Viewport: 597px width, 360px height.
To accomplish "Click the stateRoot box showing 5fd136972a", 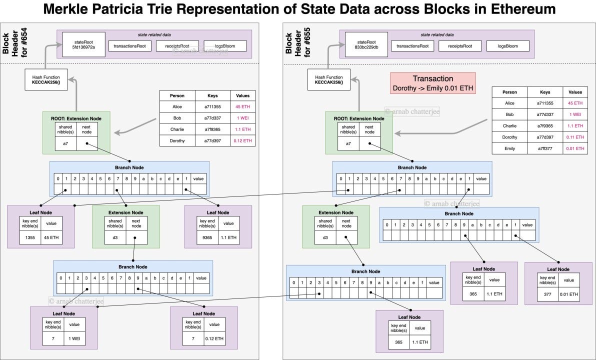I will (x=91, y=44).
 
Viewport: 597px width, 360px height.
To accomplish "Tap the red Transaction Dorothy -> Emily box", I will (x=433, y=83).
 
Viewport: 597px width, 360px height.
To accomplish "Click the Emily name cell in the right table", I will (x=509, y=148).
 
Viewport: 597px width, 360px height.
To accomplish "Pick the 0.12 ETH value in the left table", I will (x=243, y=141).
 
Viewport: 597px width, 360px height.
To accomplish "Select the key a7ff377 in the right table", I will (x=542, y=148).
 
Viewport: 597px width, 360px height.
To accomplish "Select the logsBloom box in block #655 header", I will (x=507, y=46).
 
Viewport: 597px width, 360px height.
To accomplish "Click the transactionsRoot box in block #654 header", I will (x=128, y=46).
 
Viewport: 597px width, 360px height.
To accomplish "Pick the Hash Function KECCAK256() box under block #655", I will (x=329, y=80).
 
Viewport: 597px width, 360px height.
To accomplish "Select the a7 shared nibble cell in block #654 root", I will (x=65, y=143).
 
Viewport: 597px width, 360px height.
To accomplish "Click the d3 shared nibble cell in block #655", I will (x=325, y=237).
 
